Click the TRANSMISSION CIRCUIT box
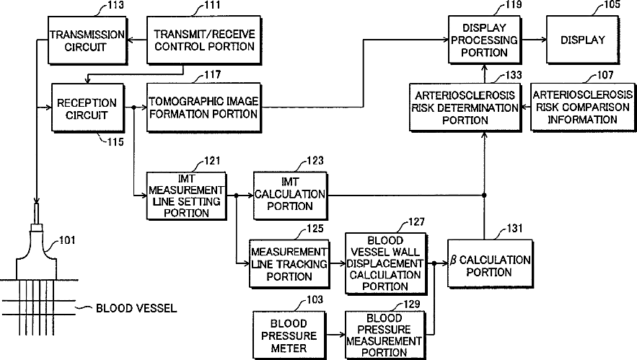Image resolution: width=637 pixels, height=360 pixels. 76,40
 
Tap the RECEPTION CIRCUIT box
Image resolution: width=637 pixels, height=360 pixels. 82,108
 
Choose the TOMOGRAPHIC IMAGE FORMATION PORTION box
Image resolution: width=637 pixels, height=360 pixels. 203,108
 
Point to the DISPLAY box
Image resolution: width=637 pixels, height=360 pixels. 582,40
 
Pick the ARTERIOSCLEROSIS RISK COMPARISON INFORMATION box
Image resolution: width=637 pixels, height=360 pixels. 582,108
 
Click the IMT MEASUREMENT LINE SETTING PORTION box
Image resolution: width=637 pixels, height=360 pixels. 185,195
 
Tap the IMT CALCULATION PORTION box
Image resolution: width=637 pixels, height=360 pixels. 289,195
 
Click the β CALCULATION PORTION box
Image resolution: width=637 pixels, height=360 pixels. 489,265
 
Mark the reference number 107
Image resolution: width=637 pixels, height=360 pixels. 607,75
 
